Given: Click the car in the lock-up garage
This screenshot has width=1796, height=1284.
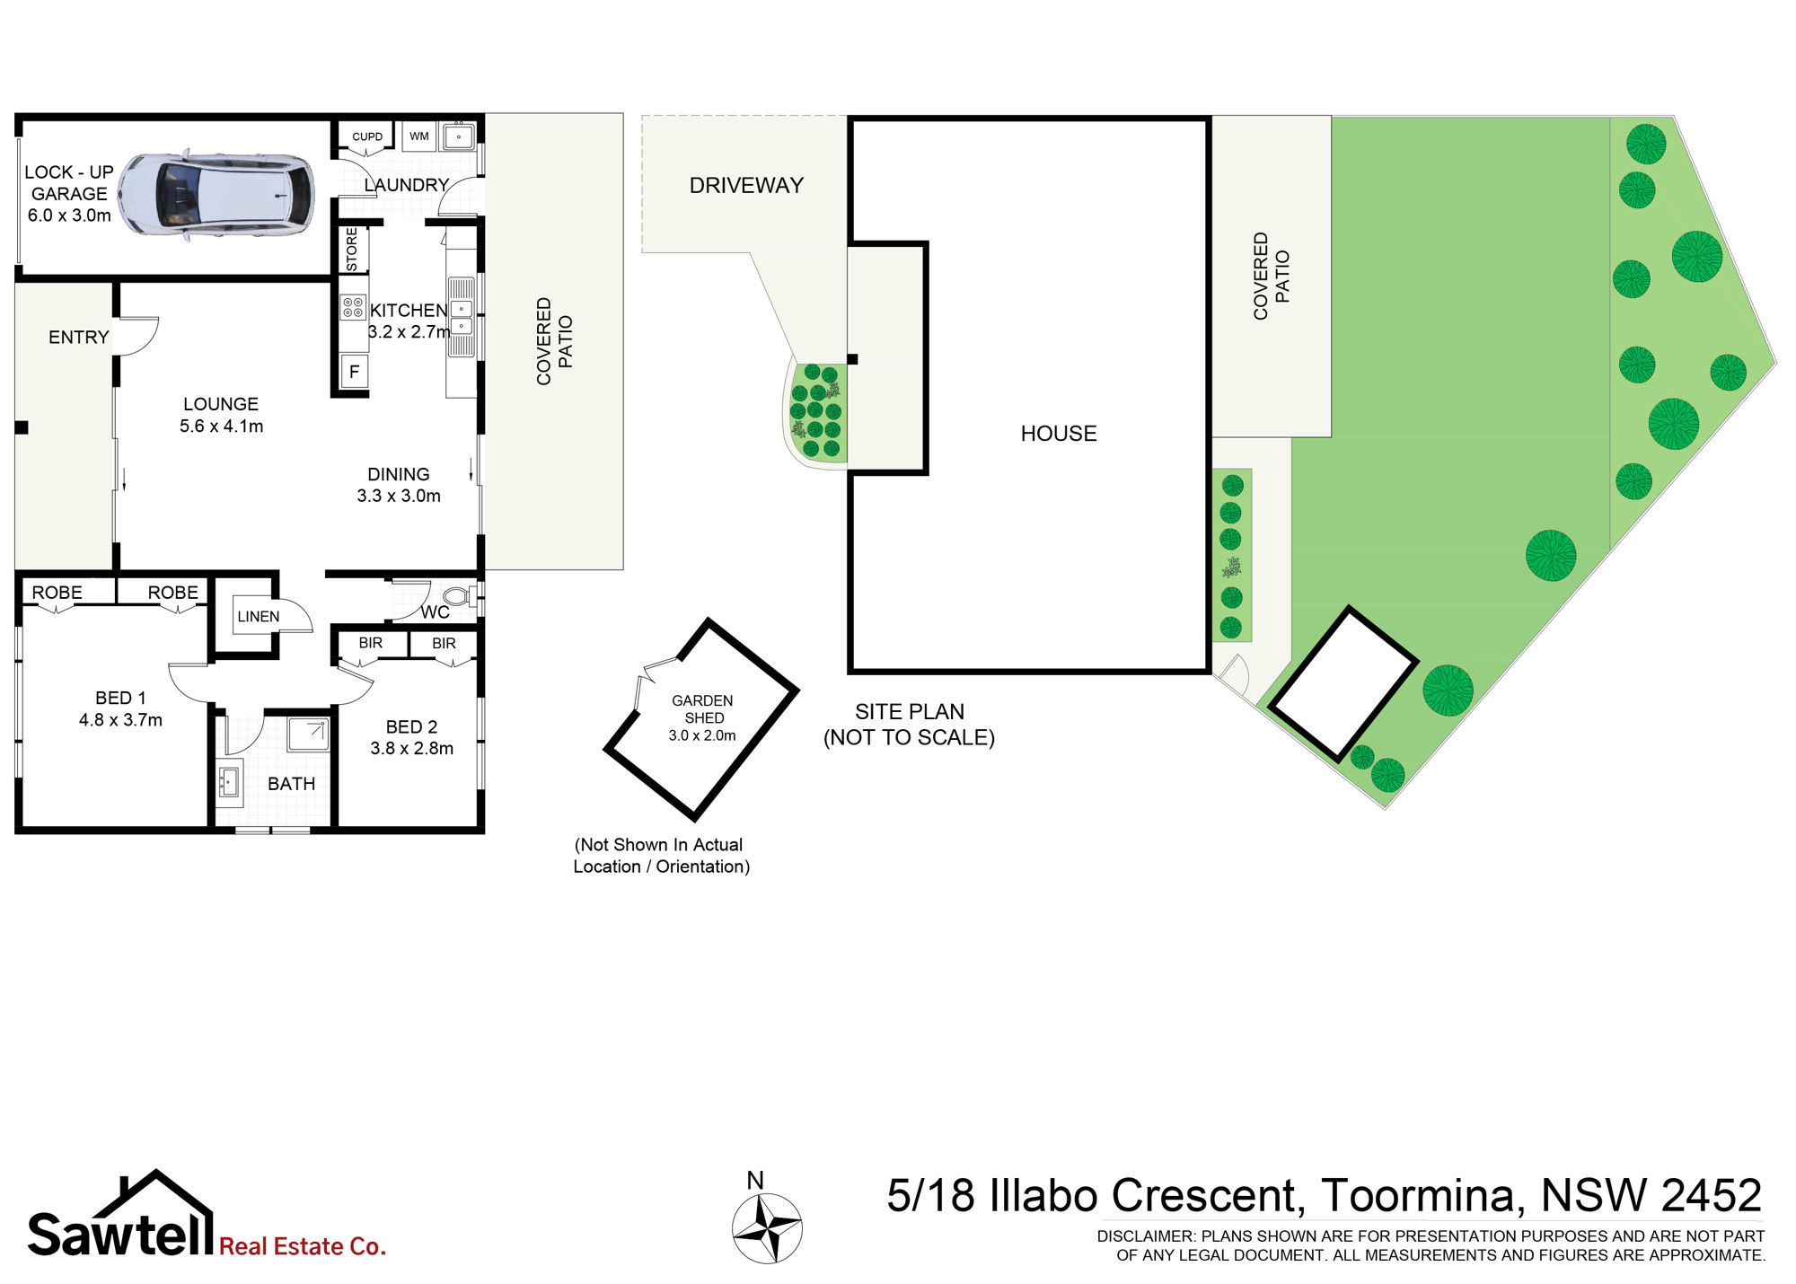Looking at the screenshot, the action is pyautogui.click(x=216, y=194).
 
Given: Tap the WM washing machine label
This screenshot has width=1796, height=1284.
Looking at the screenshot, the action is pyautogui.click(x=419, y=136).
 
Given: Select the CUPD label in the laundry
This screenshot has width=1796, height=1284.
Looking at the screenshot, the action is pyautogui.click(x=367, y=136).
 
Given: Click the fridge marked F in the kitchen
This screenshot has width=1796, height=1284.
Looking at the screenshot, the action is pyautogui.click(x=355, y=371).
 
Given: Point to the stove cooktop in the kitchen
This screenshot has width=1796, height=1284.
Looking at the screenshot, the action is pyautogui.click(x=353, y=307).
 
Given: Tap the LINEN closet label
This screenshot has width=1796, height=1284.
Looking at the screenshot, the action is pyautogui.click(x=259, y=617).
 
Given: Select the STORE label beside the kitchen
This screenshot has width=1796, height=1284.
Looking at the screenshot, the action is pyautogui.click(x=352, y=249).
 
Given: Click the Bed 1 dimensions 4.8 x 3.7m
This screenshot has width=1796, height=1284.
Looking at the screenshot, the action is pyautogui.click(x=120, y=720).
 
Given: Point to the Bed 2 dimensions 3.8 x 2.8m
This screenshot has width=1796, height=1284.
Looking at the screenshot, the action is pyautogui.click(x=412, y=749).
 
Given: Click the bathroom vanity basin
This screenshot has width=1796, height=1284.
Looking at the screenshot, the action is pyautogui.click(x=229, y=782).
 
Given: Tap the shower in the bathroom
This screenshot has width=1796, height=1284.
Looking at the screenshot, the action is pyautogui.click(x=308, y=734).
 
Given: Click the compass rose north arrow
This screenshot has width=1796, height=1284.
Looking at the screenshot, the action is pyautogui.click(x=767, y=1228).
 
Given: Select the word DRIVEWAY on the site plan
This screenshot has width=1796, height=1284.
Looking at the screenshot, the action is pyautogui.click(x=746, y=186).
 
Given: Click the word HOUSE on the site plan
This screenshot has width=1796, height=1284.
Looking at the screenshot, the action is pyautogui.click(x=1059, y=434).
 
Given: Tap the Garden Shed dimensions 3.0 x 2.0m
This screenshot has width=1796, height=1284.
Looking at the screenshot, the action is pyautogui.click(x=702, y=735).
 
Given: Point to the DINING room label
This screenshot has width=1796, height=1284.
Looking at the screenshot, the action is pyautogui.click(x=399, y=474).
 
